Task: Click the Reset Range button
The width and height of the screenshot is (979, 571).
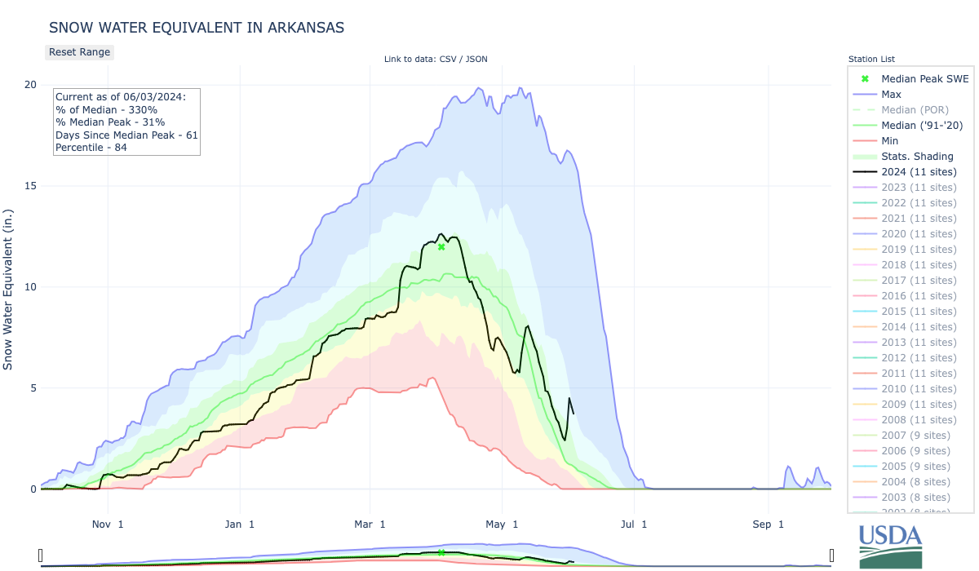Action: click(x=79, y=52)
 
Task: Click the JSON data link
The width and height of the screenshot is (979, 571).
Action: click(x=476, y=59)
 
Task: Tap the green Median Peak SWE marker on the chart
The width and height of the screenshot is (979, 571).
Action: click(x=441, y=246)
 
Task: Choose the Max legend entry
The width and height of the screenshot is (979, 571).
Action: click(x=891, y=94)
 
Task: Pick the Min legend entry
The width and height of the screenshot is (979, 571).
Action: click(x=890, y=140)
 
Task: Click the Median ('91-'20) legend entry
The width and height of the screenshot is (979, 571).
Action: click(x=922, y=125)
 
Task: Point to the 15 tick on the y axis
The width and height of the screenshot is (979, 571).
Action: click(x=30, y=186)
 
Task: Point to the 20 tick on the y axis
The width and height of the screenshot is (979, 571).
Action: click(x=30, y=85)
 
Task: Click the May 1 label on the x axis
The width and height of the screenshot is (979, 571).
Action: click(x=503, y=524)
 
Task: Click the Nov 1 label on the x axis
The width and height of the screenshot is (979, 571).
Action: click(x=109, y=524)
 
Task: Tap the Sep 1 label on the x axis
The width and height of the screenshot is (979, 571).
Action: click(x=768, y=524)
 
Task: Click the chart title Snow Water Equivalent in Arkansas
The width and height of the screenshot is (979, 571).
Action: click(x=197, y=28)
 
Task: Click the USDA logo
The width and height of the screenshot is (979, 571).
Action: click(x=890, y=545)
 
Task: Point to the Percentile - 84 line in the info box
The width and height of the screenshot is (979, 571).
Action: click(x=91, y=148)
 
